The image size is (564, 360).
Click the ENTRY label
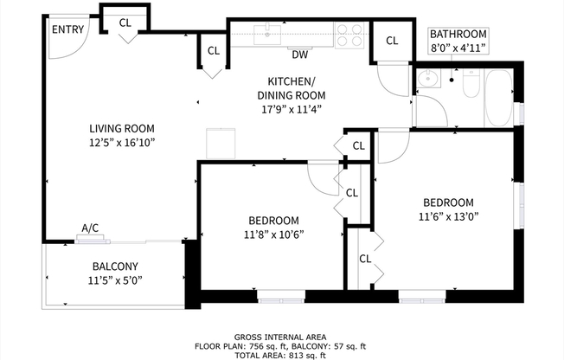(x=68, y=29)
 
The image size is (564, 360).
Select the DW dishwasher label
(x=299, y=55)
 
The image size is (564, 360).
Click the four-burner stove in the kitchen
(x=350, y=35)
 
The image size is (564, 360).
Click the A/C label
(x=90, y=228)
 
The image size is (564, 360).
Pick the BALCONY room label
(x=115, y=267)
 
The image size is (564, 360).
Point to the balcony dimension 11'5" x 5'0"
(x=115, y=280)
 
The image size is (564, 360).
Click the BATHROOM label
(x=458, y=34)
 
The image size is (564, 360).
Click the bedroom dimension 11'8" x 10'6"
(x=273, y=234)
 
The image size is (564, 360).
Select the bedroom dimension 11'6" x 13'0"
(x=448, y=216)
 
